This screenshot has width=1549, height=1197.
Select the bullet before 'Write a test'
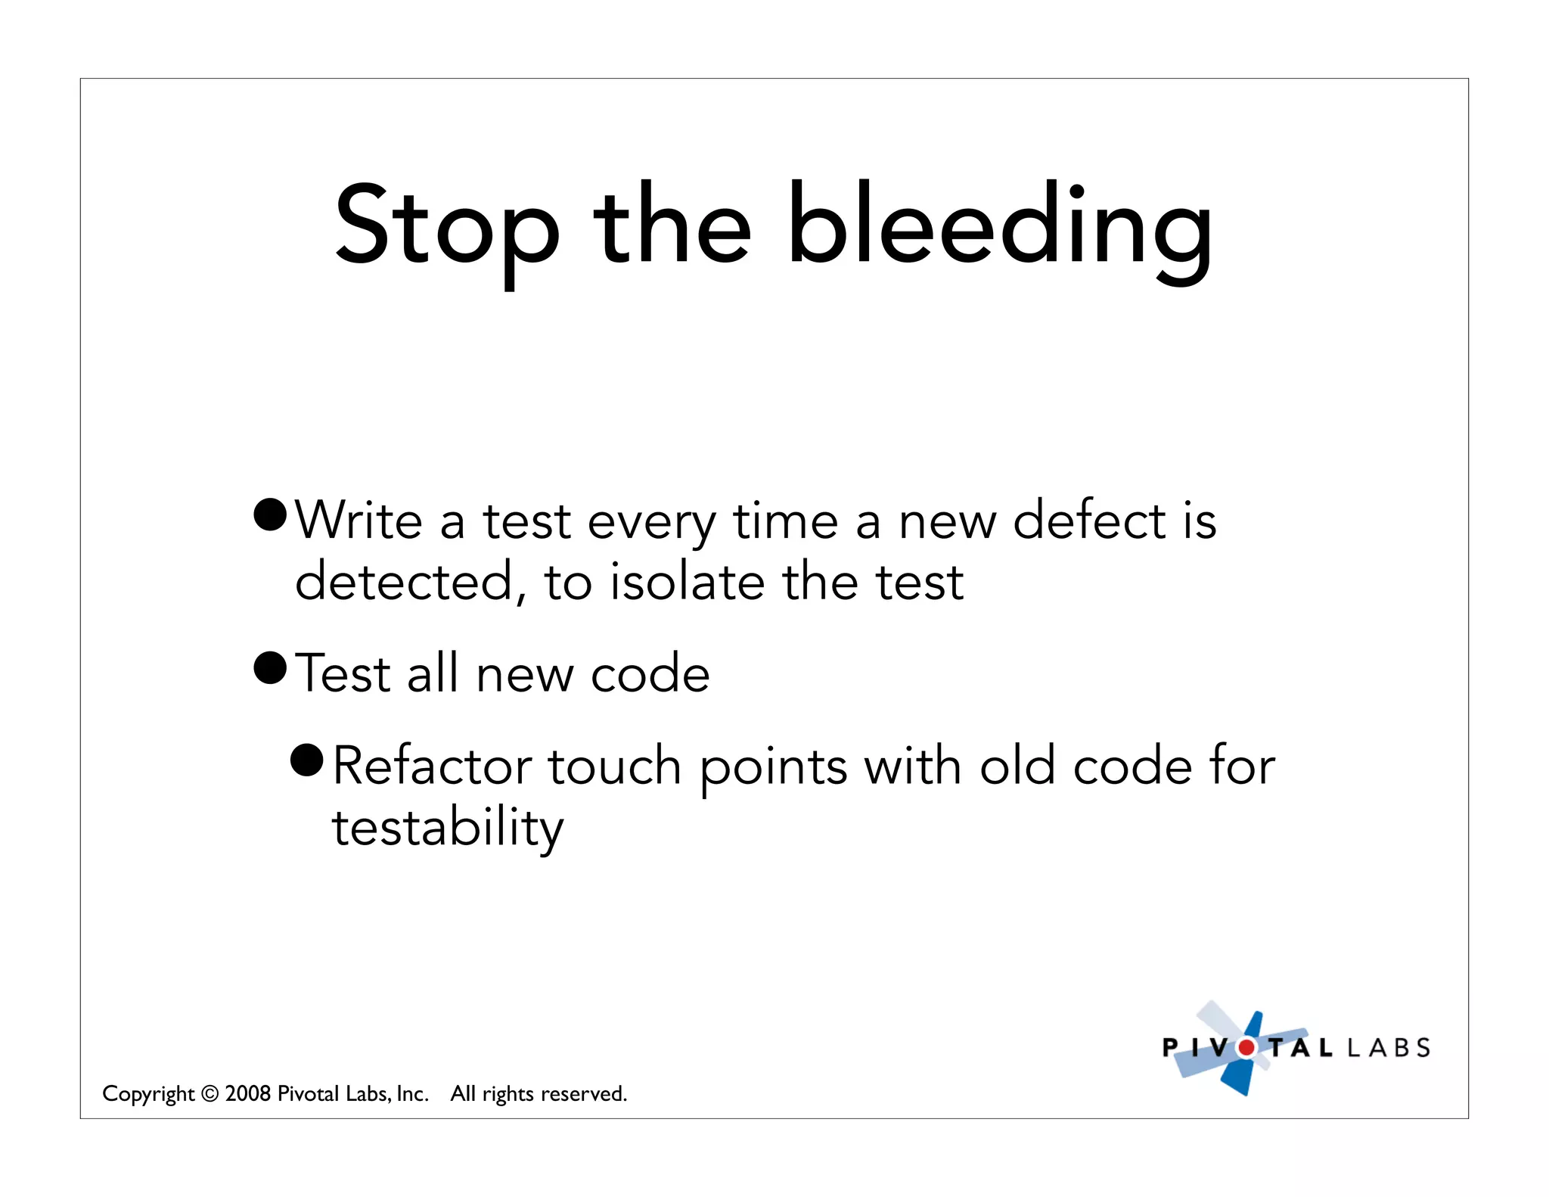[x=270, y=515]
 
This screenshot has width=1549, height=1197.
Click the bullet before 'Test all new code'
[x=270, y=667]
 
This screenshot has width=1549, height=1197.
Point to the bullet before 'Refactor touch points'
[x=307, y=760]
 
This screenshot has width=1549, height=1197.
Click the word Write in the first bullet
[x=359, y=521]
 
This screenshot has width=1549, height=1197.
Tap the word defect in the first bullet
[x=1089, y=521]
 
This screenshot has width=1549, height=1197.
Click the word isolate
[x=687, y=583]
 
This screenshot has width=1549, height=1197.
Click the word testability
[x=448, y=828]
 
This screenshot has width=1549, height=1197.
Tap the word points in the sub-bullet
[x=773, y=767]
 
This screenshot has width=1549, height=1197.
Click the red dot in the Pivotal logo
[x=1246, y=1048]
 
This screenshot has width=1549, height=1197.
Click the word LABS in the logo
[x=1389, y=1048]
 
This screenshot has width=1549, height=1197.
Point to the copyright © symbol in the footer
[x=210, y=1094]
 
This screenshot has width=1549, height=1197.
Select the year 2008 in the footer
[x=248, y=1093]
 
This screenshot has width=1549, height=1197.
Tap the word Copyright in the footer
[x=148, y=1094]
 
